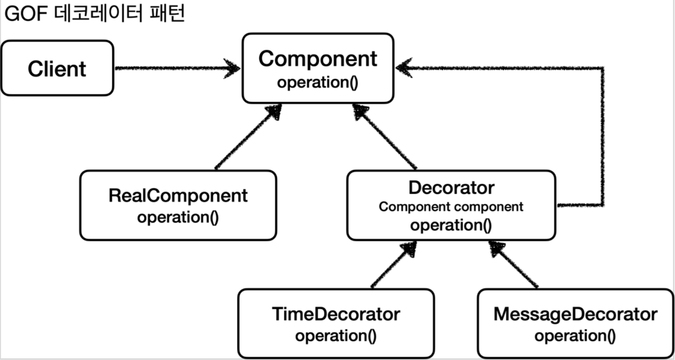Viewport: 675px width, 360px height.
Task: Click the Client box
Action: pyautogui.click(x=57, y=69)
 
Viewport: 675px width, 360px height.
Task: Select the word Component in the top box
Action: pyautogui.click(x=318, y=59)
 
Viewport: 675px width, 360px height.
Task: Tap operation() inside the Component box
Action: pyautogui.click(x=317, y=82)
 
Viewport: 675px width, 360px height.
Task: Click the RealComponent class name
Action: pyautogui.click(x=178, y=195)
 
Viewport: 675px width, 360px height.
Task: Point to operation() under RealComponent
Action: pyautogui.click(x=178, y=217)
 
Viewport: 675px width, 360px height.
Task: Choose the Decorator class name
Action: pyautogui.click(x=451, y=188)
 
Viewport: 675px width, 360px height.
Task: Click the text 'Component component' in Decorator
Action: pyautogui.click(x=451, y=207)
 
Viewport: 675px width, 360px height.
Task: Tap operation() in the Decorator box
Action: pyautogui.click(x=451, y=225)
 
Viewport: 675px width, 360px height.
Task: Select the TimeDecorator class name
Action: pyautogui.click(x=336, y=314)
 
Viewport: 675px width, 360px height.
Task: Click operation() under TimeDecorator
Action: pyautogui.click(x=336, y=336)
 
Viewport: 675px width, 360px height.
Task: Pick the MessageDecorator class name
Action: pyautogui.click(x=575, y=314)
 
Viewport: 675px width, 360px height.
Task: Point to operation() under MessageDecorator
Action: pyautogui.click(x=575, y=336)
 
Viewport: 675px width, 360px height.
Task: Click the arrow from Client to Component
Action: pyautogui.click(x=176, y=68)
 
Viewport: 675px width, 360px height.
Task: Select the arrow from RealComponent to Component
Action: pyautogui.click(x=247, y=137)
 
